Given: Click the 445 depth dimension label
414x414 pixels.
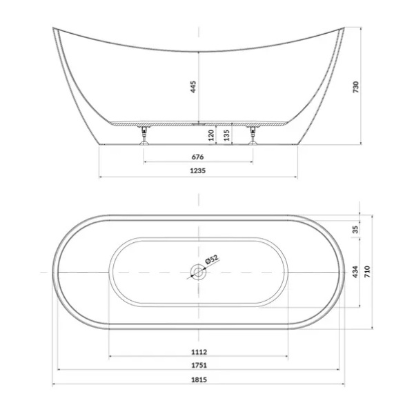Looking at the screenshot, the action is point(193,87).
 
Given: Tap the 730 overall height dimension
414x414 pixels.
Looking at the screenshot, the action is point(356,87).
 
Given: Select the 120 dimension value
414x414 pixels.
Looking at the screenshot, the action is point(211,135).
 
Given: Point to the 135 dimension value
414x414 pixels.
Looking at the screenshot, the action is point(226,135).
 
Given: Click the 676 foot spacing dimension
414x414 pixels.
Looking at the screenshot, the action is point(198,157).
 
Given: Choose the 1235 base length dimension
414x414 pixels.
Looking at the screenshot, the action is point(198,170).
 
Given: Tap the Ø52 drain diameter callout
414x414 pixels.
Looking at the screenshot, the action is point(212,259).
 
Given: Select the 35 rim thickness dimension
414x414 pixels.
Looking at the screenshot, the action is point(356,229).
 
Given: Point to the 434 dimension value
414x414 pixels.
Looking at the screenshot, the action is point(356,272).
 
